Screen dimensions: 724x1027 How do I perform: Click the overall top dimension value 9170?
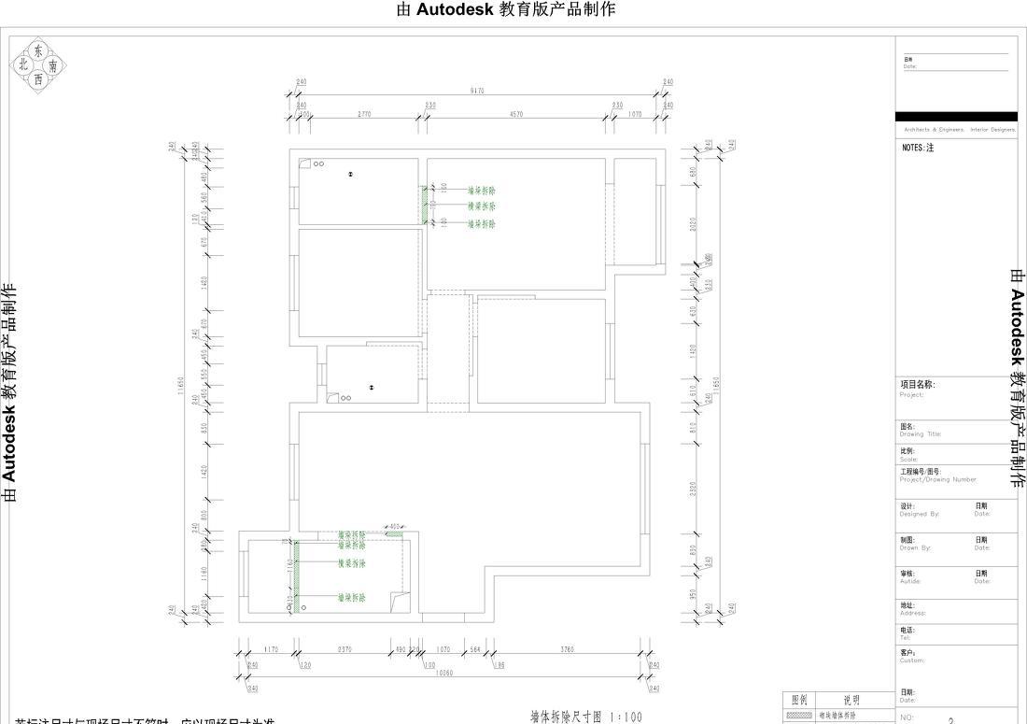(x=478, y=91)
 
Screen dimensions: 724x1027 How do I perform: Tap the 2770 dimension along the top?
(x=364, y=114)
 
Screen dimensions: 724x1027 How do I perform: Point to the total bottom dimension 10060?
(x=443, y=673)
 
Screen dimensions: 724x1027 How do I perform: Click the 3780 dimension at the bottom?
(x=568, y=649)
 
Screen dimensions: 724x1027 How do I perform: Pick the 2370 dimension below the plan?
(x=344, y=649)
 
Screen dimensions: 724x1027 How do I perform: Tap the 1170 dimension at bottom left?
(x=271, y=649)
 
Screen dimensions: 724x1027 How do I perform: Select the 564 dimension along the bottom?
(x=474, y=649)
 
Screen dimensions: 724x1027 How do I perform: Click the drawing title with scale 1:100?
(x=586, y=717)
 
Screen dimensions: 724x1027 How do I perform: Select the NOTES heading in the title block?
(x=918, y=148)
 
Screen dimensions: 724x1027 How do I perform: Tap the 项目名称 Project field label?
(x=917, y=385)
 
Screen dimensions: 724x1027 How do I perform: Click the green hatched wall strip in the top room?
(x=425, y=205)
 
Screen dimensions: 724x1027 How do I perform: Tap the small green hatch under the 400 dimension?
(x=394, y=533)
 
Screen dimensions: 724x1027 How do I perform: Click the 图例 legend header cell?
(x=799, y=700)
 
